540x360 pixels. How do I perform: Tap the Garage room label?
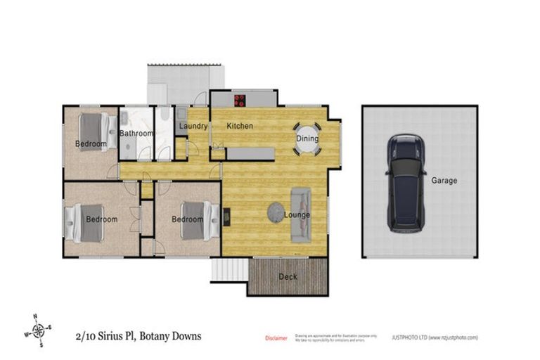444,181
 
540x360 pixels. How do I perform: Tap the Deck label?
288,276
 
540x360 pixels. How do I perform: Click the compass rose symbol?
40,330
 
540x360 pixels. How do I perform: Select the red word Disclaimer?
276,338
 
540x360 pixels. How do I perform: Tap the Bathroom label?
136,133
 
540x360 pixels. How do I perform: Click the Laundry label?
193,127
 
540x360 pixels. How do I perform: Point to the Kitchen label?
240,126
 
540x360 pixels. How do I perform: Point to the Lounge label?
298,214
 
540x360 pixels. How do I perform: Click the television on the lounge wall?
226,218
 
